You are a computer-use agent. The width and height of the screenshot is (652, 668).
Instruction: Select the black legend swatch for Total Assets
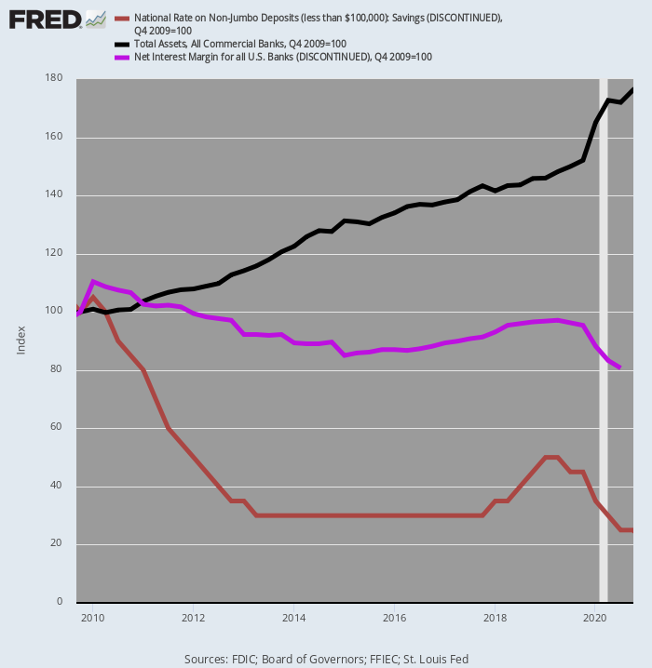tap(122, 44)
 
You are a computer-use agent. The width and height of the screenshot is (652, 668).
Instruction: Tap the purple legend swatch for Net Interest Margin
tap(122, 57)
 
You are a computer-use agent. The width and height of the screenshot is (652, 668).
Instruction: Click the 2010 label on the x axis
tap(92, 617)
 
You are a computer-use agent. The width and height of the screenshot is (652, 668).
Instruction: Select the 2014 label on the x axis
tap(293, 617)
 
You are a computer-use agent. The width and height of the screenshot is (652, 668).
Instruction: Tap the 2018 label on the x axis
tap(495, 617)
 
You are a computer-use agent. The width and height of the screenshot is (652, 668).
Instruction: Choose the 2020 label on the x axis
tap(595, 617)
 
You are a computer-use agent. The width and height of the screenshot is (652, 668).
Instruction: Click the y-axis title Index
tap(20, 341)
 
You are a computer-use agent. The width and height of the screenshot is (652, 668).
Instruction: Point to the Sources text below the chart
tap(326, 659)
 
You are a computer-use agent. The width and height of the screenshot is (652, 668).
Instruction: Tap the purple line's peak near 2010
tap(93, 281)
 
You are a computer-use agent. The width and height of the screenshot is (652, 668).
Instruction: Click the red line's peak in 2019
tap(551, 457)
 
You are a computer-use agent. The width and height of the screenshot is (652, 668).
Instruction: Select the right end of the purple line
tap(620, 367)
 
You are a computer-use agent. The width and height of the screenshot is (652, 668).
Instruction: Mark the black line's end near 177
tap(632, 89)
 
